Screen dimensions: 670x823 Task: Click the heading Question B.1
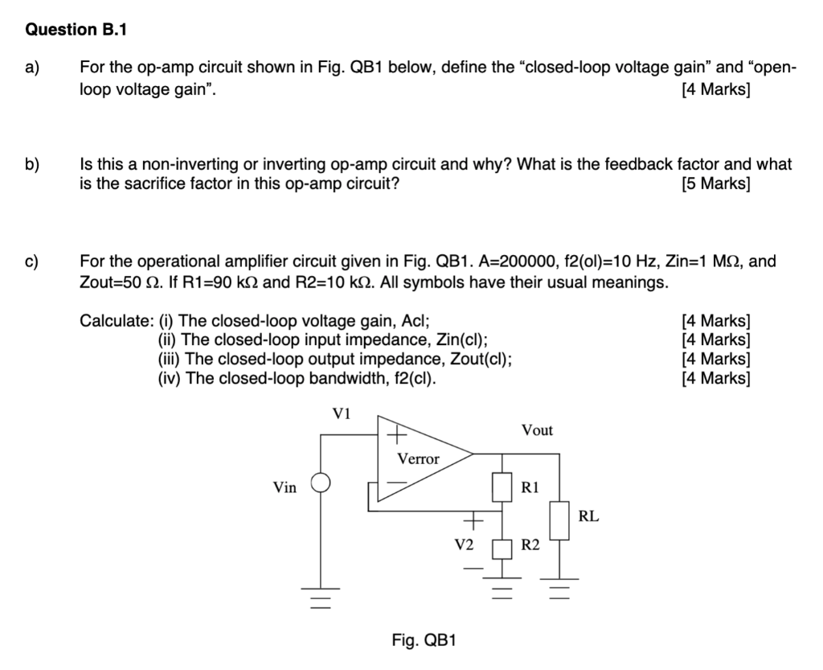click(x=76, y=30)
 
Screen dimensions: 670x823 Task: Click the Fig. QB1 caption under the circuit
click(x=424, y=640)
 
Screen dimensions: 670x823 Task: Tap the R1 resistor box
click(x=503, y=487)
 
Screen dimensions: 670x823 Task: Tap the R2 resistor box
click(x=503, y=549)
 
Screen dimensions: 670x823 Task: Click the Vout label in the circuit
click(x=536, y=430)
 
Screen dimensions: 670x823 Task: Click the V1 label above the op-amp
click(x=342, y=414)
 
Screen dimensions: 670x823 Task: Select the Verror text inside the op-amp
click(x=419, y=459)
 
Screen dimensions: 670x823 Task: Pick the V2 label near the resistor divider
click(x=463, y=545)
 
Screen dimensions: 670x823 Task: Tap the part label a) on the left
click(x=33, y=68)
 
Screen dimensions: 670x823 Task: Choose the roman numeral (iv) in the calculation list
click(x=170, y=377)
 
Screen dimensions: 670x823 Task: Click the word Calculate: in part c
click(x=116, y=320)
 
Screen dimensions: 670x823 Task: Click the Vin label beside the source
click(x=285, y=487)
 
